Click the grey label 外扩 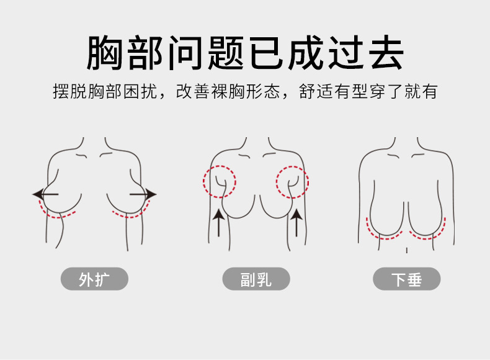tap(94, 279)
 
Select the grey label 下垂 tap(406, 279)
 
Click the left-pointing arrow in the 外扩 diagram tap(45, 195)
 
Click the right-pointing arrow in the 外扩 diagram tap(143, 195)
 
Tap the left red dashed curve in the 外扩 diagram tap(59, 211)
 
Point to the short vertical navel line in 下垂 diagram tap(406, 250)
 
